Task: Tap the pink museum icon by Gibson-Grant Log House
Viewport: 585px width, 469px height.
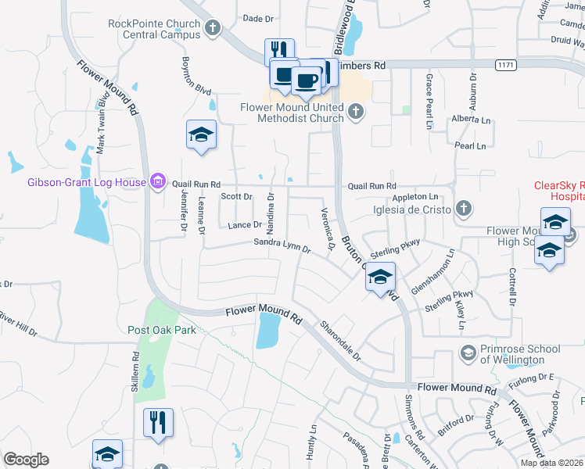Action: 158,182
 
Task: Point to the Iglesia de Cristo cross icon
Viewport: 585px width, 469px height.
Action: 464,209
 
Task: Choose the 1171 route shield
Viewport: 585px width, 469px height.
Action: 505,66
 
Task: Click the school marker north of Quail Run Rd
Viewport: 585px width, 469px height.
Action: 201,134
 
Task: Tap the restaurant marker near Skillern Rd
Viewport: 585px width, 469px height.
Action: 158,423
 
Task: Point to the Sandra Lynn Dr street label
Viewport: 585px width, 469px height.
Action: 282,246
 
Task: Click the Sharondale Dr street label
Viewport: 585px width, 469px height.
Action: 341,341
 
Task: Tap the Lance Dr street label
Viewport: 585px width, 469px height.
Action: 243,224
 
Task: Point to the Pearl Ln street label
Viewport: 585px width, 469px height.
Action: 469,146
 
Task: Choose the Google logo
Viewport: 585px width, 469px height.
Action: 26,460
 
